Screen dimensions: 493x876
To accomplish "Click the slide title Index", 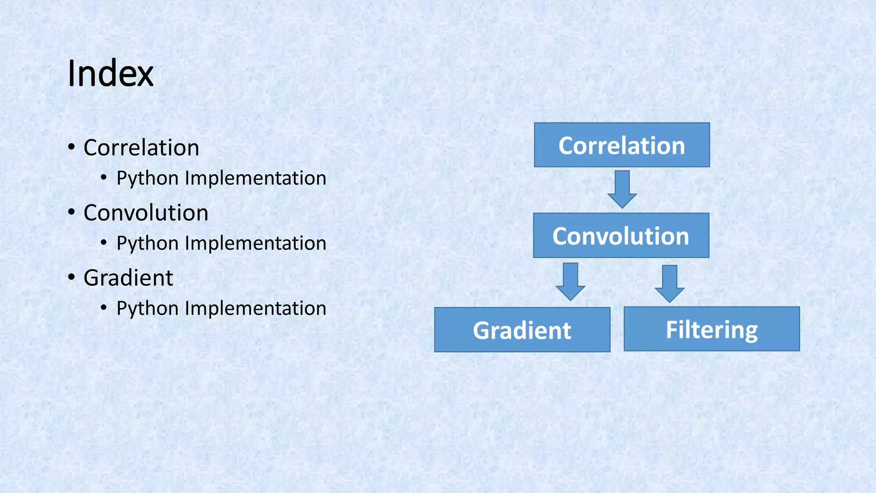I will pos(110,74).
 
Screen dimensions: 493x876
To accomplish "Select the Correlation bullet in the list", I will pos(141,148).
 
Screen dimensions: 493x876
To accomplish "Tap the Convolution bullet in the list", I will pos(146,213).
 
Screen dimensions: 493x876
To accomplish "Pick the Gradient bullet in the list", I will pos(128,278).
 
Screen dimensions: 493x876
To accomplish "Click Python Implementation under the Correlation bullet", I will pos(221,178).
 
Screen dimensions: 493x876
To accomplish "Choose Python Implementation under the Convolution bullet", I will pos(221,243).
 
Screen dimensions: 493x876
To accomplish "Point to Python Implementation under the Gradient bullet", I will pos(221,308).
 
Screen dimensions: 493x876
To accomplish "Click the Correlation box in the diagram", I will pos(621,145).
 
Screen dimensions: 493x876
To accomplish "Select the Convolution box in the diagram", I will pos(621,235).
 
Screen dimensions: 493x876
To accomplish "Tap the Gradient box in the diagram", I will pos(522,330).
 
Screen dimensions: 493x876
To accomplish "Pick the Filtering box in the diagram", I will pos(711,329).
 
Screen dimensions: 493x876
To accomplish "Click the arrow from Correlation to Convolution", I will pos(622,189).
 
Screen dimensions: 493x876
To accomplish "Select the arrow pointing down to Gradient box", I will pos(570,281).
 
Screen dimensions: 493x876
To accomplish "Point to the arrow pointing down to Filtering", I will pos(669,283).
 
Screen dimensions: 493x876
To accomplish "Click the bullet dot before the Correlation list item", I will pos(71,147).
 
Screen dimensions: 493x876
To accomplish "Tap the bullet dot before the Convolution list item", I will pos(71,212).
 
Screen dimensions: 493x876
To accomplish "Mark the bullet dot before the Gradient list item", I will pos(71,277).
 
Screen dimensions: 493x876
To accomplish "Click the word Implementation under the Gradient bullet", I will pos(255,308).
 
